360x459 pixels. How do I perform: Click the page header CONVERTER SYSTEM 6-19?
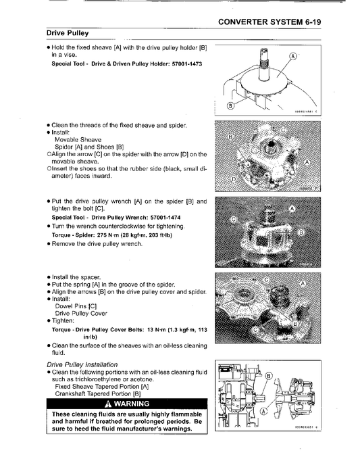(269, 22)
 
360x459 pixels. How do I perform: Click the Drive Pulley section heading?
(68, 33)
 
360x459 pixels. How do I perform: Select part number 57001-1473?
(187, 64)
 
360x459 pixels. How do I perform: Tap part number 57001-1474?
(165, 218)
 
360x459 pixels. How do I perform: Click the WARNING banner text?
(132, 404)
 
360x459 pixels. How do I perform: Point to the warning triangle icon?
(109, 404)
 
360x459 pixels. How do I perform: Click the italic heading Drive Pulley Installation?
(82, 365)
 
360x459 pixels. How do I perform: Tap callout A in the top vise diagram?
(293, 56)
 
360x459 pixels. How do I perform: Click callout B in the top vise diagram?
(230, 105)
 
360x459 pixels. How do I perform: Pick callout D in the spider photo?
(234, 179)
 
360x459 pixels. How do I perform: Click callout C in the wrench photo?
(234, 220)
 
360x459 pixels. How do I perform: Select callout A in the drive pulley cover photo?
(303, 284)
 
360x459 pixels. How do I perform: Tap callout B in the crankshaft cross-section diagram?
(268, 376)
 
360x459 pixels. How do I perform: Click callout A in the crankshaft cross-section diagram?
(263, 411)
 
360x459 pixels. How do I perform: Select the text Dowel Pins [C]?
(76, 306)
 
